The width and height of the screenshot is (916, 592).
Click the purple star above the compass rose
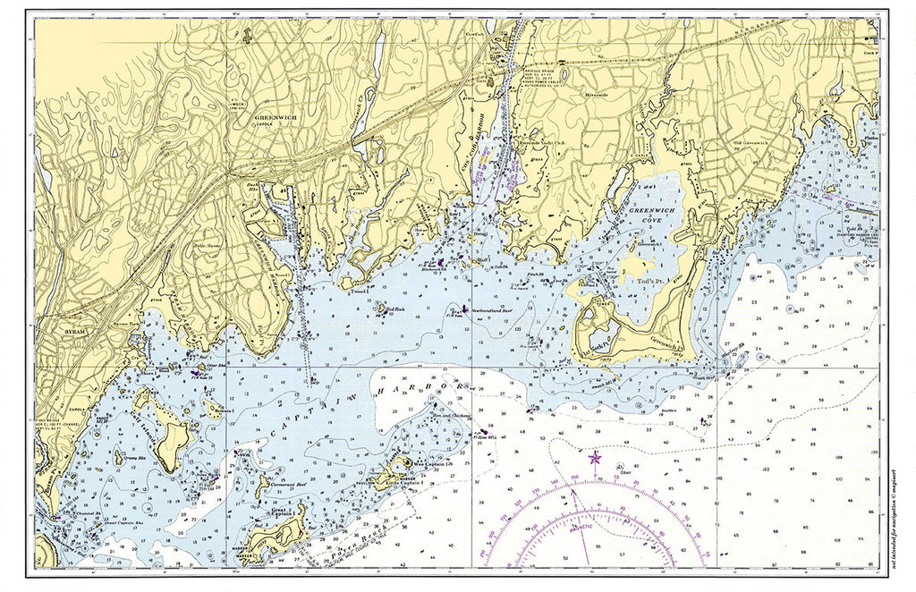[x=595, y=458]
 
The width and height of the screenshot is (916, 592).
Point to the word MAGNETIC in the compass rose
[x=581, y=528]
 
